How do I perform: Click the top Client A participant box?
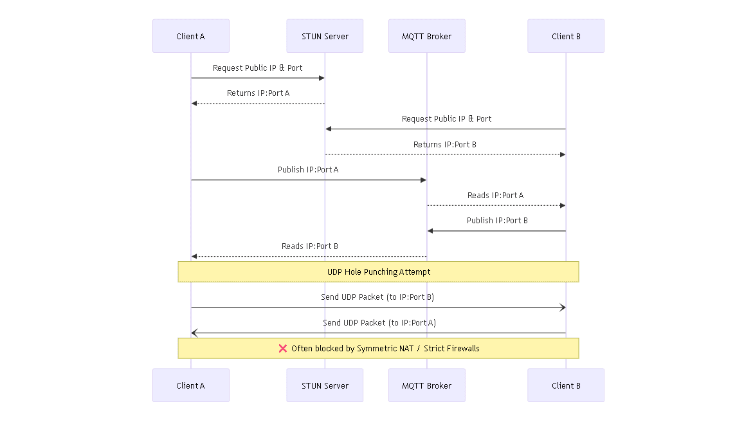[x=190, y=36]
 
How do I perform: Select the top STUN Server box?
[x=325, y=36]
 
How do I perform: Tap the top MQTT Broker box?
[x=426, y=36]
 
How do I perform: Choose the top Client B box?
[x=566, y=36]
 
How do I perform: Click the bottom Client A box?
[x=190, y=385]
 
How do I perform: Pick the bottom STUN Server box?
[x=325, y=385]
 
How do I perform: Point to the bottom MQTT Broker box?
[x=426, y=385]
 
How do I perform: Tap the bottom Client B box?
[x=566, y=385]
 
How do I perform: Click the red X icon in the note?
[x=282, y=348]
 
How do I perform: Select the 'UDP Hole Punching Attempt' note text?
[x=379, y=272]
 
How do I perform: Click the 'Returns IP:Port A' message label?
[x=258, y=93]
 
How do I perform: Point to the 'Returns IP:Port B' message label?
[x=445, y=145]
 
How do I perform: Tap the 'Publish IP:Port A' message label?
[x=308, y=170]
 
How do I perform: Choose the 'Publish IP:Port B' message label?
[x=497, y=221]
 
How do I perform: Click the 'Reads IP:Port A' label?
[x=495, y=196]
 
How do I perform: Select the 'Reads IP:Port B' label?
[x=309, y=246]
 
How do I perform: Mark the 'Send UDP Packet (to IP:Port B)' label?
[x=378, y=297]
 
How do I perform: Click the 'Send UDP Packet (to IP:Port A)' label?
[x=379, y=323]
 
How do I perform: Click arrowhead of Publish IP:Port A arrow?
[x=423, y=180]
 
